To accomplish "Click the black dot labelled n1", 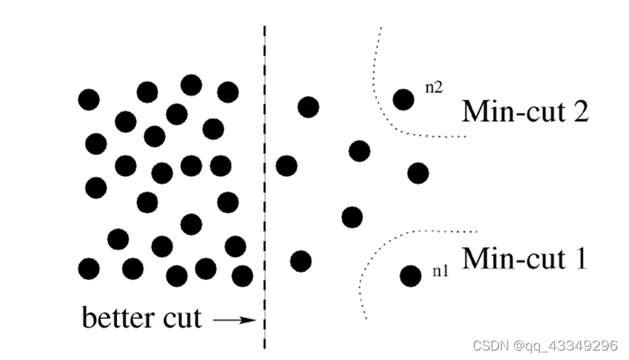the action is coord(410,276).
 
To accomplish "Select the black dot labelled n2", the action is coord(404,99).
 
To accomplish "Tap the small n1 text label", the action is coord(439,271).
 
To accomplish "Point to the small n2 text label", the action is coord(433,87).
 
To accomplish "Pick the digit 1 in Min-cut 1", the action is coord(579,258).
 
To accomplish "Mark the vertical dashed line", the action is coord(264,182).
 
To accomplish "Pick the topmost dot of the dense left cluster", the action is coord(191,85).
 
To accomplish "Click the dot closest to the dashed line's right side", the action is coord(287,166).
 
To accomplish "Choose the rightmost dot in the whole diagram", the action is coord(418,173).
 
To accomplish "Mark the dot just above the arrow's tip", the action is coord(242,276).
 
